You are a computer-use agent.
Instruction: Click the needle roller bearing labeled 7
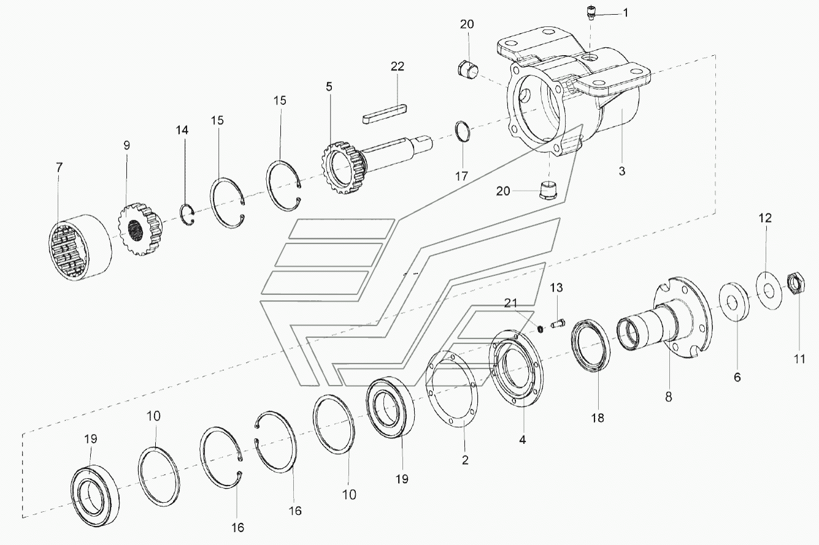pyautogui.click(x=80, y=247)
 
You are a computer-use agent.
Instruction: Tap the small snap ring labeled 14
pyautogui.click(x=188, y=216)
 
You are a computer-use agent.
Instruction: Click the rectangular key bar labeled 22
pyautogui.click(x=385, y=113)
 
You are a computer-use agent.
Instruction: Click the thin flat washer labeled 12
pyautogui.click(x=768, y=291)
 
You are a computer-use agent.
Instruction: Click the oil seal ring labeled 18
pyautogui.click(x=591, y=346)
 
